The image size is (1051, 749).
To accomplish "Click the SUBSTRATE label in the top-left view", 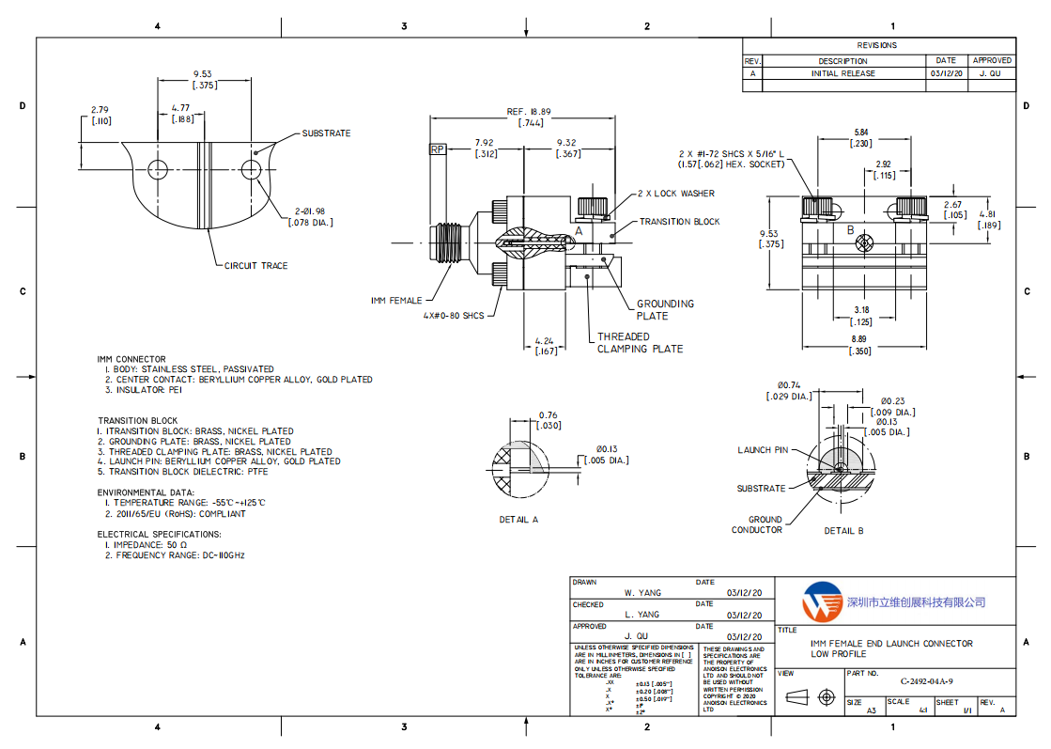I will pyautogui.click(x=326, y=133).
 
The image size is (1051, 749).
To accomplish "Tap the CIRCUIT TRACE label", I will pyautogui.click(x=255, y=266).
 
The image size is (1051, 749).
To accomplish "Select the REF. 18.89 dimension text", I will pyautogui.click(x=528, y=111).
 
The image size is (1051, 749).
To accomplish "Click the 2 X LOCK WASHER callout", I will pyautogui.click(x=675, y=194).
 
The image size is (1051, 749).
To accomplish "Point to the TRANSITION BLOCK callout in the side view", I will pyautogui.click(x=679, y=222).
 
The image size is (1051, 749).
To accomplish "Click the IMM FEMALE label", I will pyautogui.click(x=396, y=301).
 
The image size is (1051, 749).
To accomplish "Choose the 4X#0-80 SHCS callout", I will pyautogui.click(x=454, y=316).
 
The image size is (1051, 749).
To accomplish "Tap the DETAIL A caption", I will pyautogui.click(x=518, y=519).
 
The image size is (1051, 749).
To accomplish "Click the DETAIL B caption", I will pyautogui.click(x=843, y=531).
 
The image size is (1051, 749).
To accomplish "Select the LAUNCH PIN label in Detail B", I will pyautogui.click(x=763, y=450).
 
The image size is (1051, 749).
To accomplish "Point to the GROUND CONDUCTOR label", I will pyautogui.click(x=758, y=524).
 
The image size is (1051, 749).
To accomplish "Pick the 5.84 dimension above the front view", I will pyautogui.click(x=860, y=132).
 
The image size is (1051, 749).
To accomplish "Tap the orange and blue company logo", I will pyautogui.click(x=821, y=601).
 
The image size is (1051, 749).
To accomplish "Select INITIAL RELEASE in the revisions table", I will pyautogui.click(x=842, y=73).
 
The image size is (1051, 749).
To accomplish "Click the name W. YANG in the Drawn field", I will pyautogui.click(x=642, y=593).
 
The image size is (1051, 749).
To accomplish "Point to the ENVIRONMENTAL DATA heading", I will pyautogui.click(x=147, y=492).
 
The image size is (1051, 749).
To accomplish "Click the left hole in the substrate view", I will pyautogui.click(x=158, y=169).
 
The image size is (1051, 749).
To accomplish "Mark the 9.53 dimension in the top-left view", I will pyautogui.click(x=203, y=73).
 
